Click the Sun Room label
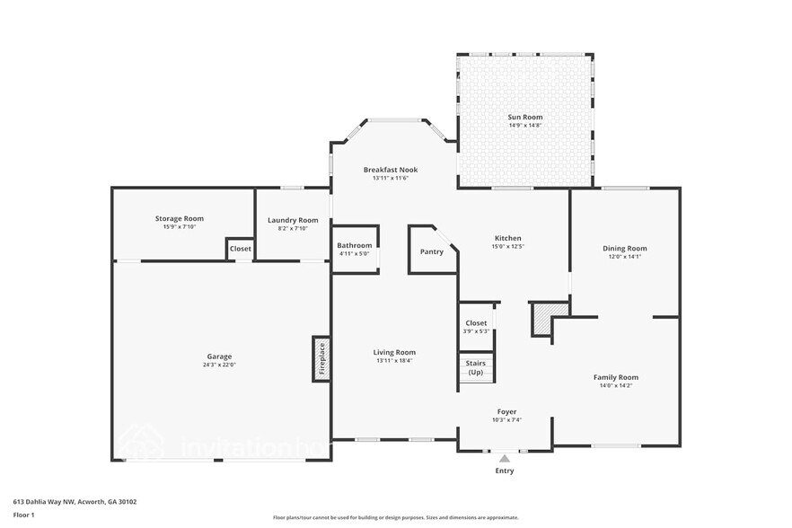(x=525, y=117)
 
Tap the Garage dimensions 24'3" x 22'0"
(x=220, y=365)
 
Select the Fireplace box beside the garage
(x=321, y=359)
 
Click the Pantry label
(x=431, y=251)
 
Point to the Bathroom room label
(x=354, y=245)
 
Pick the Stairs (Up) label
(x=475, y=367)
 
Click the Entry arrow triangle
(x=505, y=459)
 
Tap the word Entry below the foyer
(x=505, y=471)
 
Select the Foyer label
(x=506, y=411)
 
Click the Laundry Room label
(x=293, y=220)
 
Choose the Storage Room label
(x=180, y=218)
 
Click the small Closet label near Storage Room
(x=240, y=249)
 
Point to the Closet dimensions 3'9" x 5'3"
(x=476, y=331)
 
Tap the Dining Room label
(x=624, y=249)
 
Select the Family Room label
(x=615, y=377)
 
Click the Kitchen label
(x=507, y=238)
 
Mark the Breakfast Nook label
(x=390, y=170)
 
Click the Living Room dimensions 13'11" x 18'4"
(x=394, y=361)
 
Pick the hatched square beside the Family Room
(x=549, y=314)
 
